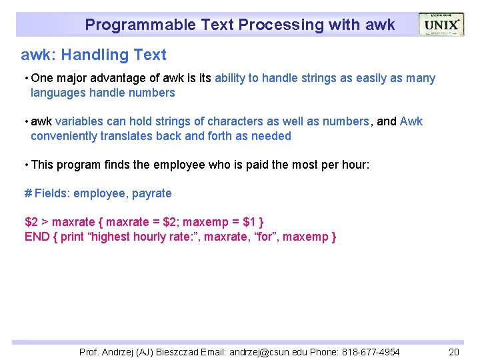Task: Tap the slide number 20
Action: pos(454,352)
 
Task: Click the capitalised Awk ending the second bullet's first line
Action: pos(411,121)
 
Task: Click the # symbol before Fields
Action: pos(28,193)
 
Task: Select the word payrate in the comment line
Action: pos(152,193)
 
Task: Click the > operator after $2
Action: pos(45,222)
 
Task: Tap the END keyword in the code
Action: pos(37,237)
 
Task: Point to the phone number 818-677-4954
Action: pos(371,352)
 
